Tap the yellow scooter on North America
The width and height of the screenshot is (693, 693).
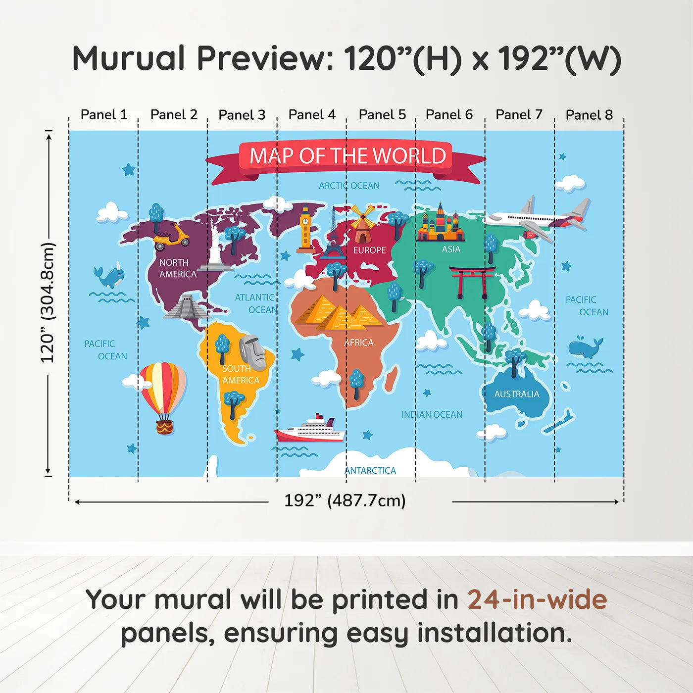(171, 237)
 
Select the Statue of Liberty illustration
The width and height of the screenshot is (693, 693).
(215, 246)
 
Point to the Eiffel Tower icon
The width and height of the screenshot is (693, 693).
(333, 235)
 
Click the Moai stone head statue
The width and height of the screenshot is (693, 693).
(252, 351)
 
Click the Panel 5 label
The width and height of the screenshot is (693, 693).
(382, 115)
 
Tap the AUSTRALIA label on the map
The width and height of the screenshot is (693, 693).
(516, 394)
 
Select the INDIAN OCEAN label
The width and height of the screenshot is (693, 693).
(432, 415)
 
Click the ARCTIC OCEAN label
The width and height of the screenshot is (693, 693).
(349, 186)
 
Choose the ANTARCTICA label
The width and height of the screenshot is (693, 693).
(370, 471)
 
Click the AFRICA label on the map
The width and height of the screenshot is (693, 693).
(359, 343)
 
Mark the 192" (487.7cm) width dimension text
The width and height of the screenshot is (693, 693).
(345, 501)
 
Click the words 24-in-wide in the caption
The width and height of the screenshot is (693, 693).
(537, 600)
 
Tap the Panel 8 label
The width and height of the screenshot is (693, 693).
(589, 115)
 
